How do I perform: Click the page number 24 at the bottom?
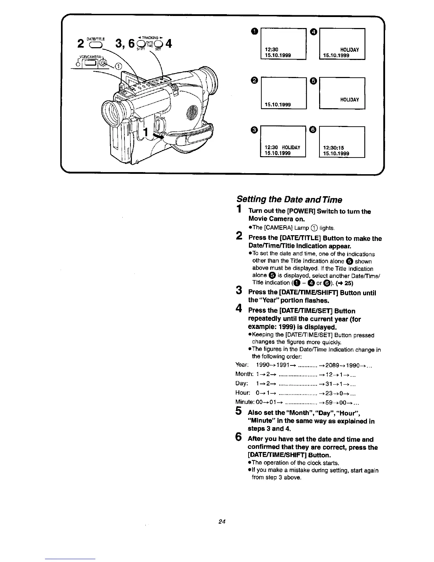(x=222, y=522)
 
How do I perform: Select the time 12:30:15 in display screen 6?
(x=334, y=148)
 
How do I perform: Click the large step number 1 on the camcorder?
(x=144, y=133)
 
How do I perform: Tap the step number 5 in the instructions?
(x=239, y=413)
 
